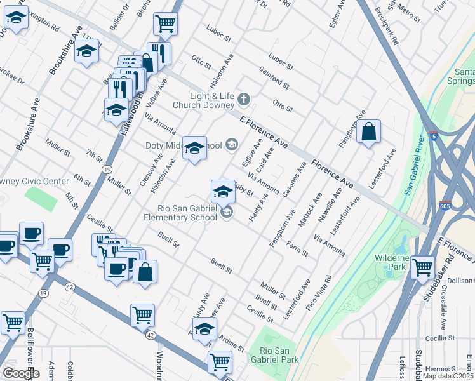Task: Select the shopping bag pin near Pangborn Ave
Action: click(368, 133)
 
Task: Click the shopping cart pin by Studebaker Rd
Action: click(422, 267)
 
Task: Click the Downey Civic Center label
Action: click(35, 181)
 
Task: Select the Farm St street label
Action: click(297, 249)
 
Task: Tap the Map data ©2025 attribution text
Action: click(448, 376)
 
